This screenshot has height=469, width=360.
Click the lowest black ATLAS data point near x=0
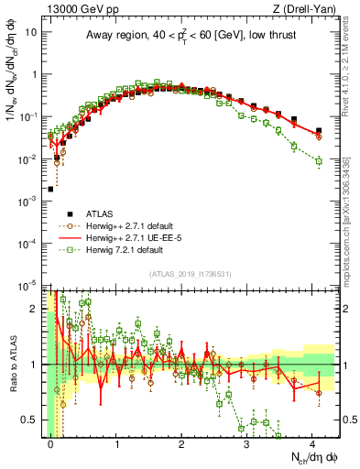[x=50, y=190]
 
